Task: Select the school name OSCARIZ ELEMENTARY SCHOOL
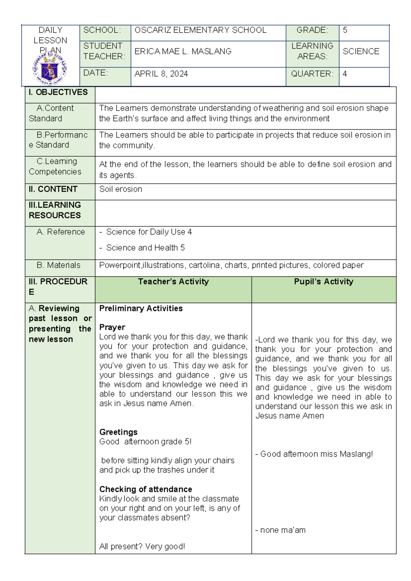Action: click(x=200, y=30)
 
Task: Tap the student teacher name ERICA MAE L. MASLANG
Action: click(x=183, y=51)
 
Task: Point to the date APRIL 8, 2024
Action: click(x=161, y=74)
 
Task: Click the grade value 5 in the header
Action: click(x=345, y=30)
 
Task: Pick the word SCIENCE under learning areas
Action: click(x=361, y=51)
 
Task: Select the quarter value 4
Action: click(x=345, y=74)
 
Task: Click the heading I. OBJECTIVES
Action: click(x=58, y=92)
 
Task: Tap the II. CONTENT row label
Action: click(x=53, y=189)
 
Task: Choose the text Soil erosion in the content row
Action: click(x=121, y=189)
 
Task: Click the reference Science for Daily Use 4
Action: click(x=149, y=232)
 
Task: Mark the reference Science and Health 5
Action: click(x=145, y=248)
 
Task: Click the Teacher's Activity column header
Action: click(x=173, y=282)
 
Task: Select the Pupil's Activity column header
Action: click(x=324, y=282)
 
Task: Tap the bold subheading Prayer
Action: click(x=112, y=327)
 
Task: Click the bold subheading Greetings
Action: click(x=118, y=432)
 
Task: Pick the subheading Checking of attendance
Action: click(x=146, y=489)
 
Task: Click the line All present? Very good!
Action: click(x=142, y=546)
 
